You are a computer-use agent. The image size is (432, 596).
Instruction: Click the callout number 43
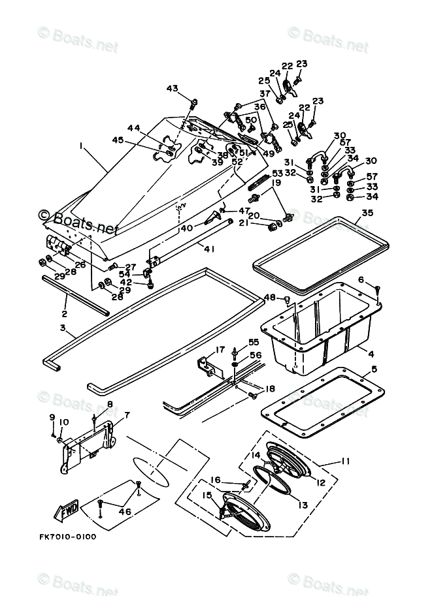pyautogui.click(x=172, y=89)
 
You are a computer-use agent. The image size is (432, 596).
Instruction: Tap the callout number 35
pyautogui.click(x=367, y=212)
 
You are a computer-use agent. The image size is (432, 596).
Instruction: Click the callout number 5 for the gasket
pyautogui.click(x=374, y=369)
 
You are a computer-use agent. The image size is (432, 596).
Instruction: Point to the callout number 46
pyautogui.click(x=124, y=512)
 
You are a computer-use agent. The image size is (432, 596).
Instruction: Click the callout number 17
pyautogui.click(x=220, y=349)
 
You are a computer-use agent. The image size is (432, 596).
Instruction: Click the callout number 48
pyautogui.click(x=269, y=298)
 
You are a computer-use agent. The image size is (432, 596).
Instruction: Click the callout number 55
pyautogui.click(x=253, y=341)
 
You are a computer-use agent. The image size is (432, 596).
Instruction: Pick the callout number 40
pyautogui.click(x=186, y=228)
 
